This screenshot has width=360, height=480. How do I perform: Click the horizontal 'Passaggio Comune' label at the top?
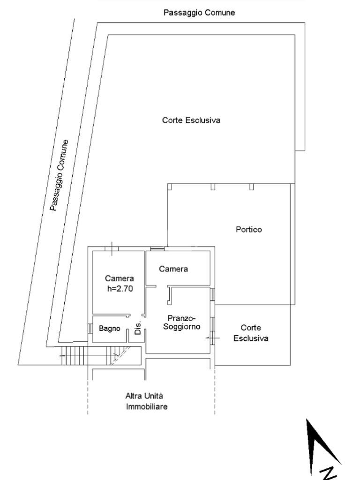click(x=199, y=13)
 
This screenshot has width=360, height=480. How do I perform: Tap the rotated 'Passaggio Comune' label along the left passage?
click(x=60, y=175)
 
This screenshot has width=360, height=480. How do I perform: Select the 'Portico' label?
click(x=248, y=230)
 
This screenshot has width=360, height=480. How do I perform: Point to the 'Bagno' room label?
click(x=109, y=329)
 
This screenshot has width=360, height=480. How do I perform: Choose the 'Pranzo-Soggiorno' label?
click(x=182, y=322)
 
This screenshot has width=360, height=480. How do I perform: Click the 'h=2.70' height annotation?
click(x=120, y=289)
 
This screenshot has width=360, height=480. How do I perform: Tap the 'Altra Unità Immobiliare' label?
click(x=146, y=401)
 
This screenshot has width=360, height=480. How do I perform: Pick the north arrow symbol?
click(x=319, y=445)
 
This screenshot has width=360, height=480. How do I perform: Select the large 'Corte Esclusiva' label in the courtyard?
click(x=191, y=120)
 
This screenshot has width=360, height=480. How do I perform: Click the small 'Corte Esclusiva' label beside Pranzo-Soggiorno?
click(x=251, y=333)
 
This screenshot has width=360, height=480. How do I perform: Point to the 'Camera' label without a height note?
click(x=173, y=269)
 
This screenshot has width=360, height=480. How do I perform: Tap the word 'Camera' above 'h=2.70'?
click(x=119, y=278)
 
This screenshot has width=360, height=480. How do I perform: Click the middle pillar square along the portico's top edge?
click(x=213, y=187)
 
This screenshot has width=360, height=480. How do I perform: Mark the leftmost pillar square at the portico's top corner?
click(x=170, y=187)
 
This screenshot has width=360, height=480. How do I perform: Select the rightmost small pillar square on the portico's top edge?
click(x=252, y=187)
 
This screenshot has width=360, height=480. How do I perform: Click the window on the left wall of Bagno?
click(x=90, y=329)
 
